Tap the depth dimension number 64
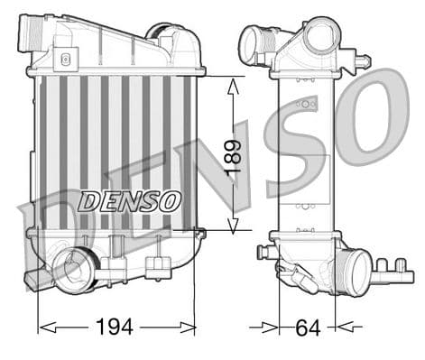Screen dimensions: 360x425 [x=307, y=327]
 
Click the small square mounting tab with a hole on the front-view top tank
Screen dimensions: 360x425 [x=63, y=62]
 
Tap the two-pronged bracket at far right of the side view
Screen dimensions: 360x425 [x=391, y=267]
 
